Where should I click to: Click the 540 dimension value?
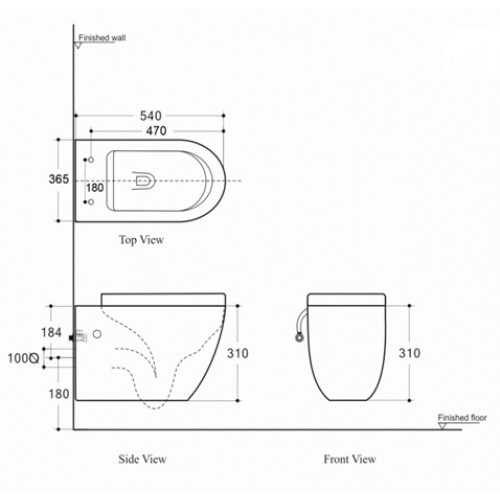click(152, 116)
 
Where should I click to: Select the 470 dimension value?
click(152, 130)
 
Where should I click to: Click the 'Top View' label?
click(142, 241)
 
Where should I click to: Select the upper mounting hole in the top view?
click(91, 160)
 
